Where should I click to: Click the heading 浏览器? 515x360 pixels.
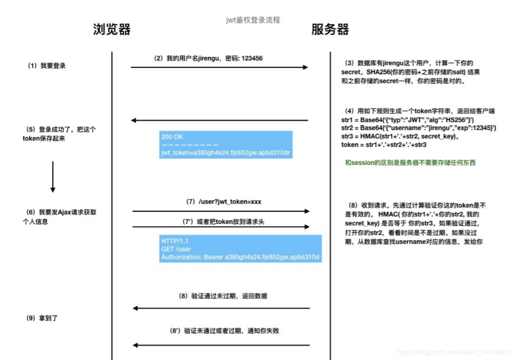tap(112, 30)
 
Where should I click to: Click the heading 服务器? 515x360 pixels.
tap(330, 30)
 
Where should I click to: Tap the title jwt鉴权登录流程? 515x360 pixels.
tap(253, 20)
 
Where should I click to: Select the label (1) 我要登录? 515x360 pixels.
tap(47, 66)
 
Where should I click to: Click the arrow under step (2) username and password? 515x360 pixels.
tap(219, 67)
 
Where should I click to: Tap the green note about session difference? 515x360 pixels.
tap(410, 162)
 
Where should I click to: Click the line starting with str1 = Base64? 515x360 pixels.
tap(408, 120)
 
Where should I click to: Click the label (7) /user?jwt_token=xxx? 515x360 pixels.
tap(224, 202)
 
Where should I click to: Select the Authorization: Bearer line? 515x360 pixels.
tap(240, 256)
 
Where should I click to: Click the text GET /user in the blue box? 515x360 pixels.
tap(176, 249)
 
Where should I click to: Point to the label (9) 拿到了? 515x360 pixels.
tap(42, 318)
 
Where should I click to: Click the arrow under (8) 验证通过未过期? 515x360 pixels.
tap(221, 309)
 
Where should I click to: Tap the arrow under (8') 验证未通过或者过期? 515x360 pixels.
tap(221, 345)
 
